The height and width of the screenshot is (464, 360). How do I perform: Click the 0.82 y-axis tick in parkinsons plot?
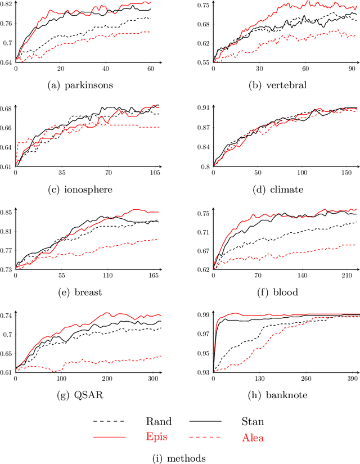[x=7, y=4]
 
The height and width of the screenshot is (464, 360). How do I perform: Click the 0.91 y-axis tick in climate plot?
[x=204, y=107]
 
